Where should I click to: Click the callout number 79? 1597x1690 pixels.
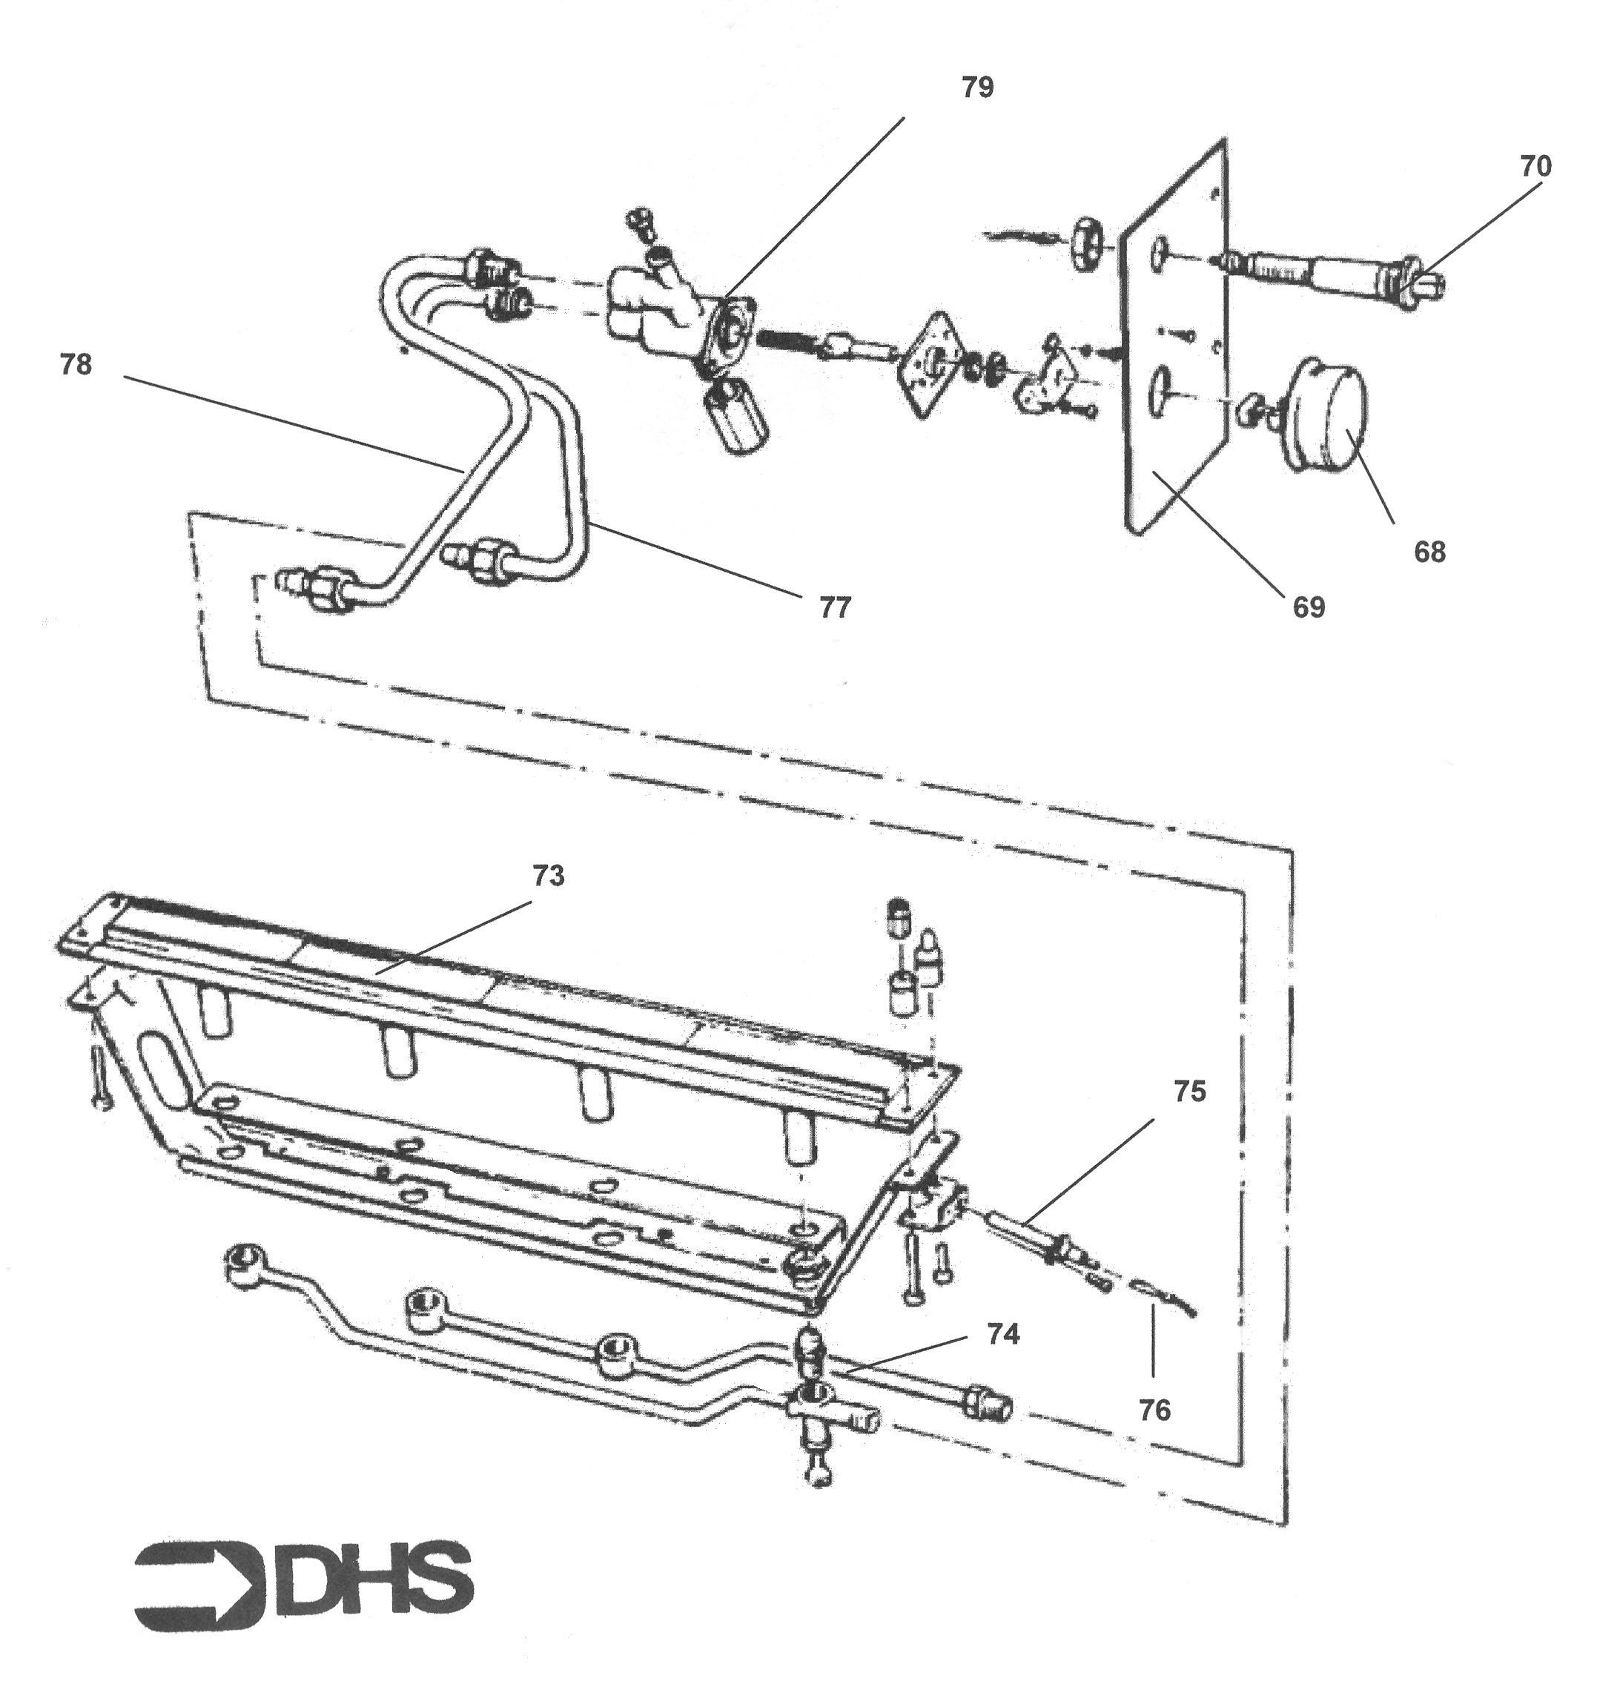point(977,88)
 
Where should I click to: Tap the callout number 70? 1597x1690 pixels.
point(1535,166)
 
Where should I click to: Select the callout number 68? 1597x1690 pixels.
point(1429,552)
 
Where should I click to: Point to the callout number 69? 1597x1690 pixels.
point(1309,607)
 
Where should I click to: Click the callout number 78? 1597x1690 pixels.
point(76,364)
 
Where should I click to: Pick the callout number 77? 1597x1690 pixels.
point(835,607)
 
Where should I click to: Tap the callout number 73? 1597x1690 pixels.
point(548,875)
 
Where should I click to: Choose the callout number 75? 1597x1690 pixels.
point(1189,1091)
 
